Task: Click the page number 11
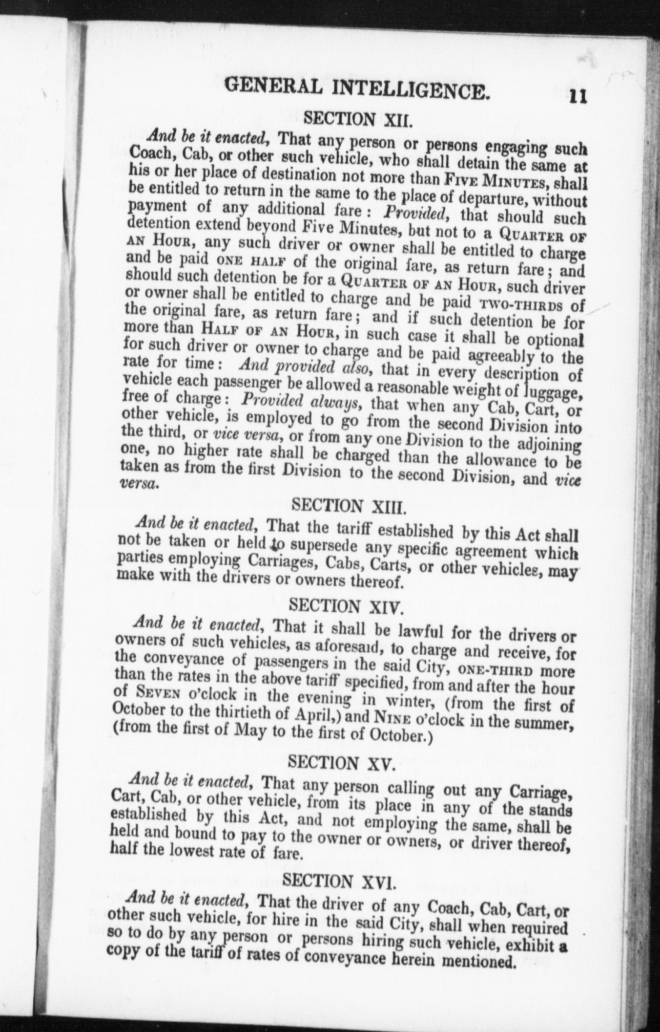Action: pyautogui.click(x=577, y=96)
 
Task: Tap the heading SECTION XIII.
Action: pyautogui.click(x=348, y=507)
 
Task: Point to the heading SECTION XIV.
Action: pyautogui.click(x=346, y=607)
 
